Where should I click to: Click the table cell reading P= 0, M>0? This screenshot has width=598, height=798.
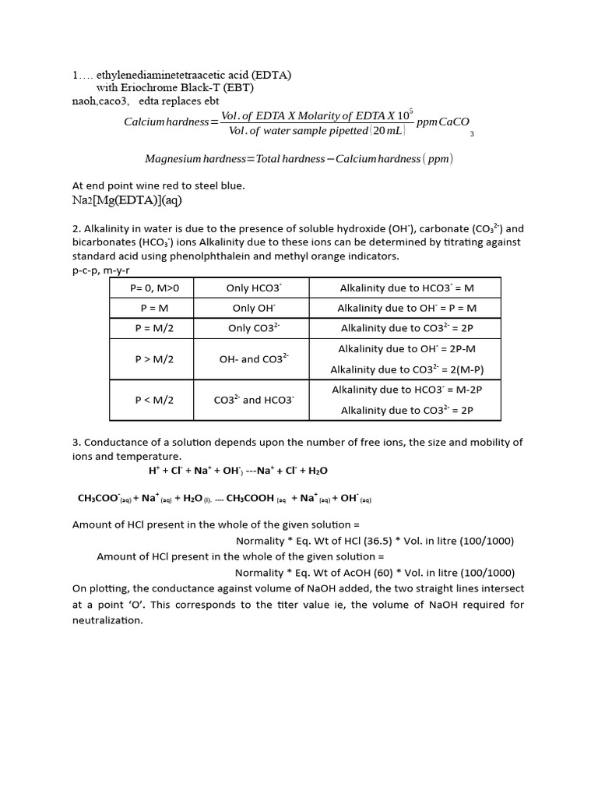pyautogui.click(x=155, y=288)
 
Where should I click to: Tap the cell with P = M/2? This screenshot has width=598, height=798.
pyautogui.click(x=155, y=329)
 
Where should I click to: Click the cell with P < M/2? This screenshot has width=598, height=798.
pyautogui.click(x=155, y=400)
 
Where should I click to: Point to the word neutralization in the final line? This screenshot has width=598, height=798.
pyautogui.click(x=108, y=620)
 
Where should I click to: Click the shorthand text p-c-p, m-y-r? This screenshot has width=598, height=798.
pyautogui.click(x=102, y=270)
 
